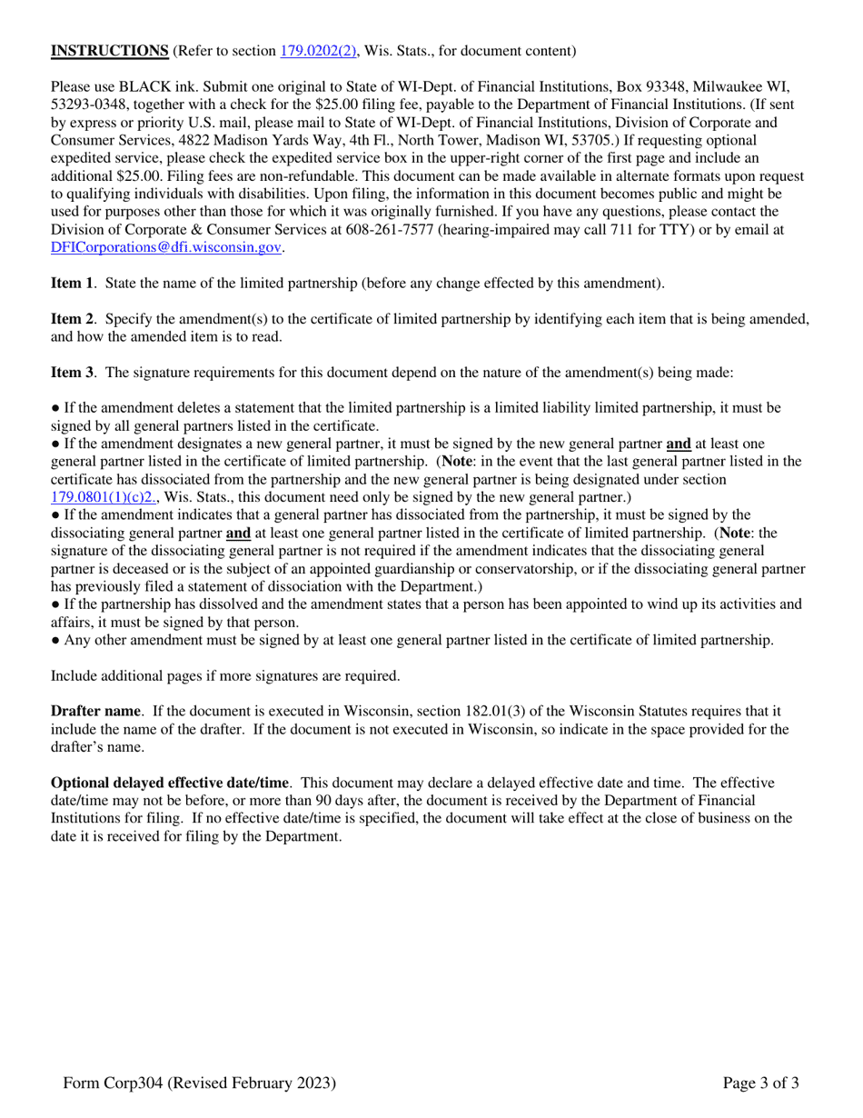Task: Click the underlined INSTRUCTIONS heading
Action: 109,51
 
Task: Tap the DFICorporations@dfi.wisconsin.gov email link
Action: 166,246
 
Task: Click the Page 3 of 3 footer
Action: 761,1083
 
